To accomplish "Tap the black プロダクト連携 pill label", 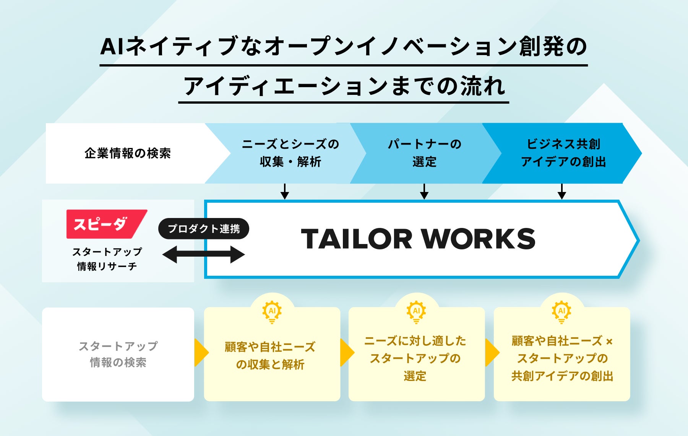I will [x=204, y=229].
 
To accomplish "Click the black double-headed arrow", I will [x=204, y=254].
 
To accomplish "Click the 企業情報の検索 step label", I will [x=128, y=153].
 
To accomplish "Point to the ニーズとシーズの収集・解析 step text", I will [x=290, y=153].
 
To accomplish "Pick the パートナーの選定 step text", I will [x=424, y=153].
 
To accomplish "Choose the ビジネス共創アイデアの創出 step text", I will [x=563, y=153].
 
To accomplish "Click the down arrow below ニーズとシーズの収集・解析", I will [x=284, y=191].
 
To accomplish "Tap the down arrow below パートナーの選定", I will [x=424, y=191].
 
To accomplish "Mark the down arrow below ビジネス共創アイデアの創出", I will [x=561, y=191].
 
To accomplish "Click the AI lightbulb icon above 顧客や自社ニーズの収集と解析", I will [x=272, y=312].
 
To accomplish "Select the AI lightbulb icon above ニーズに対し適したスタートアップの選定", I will [x=416, y=312].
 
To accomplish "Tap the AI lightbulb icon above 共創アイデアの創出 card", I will [x=561, y=312].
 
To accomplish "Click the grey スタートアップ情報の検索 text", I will [x=118, y=354].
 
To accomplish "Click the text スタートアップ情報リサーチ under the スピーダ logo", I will [x=107, y=259].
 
